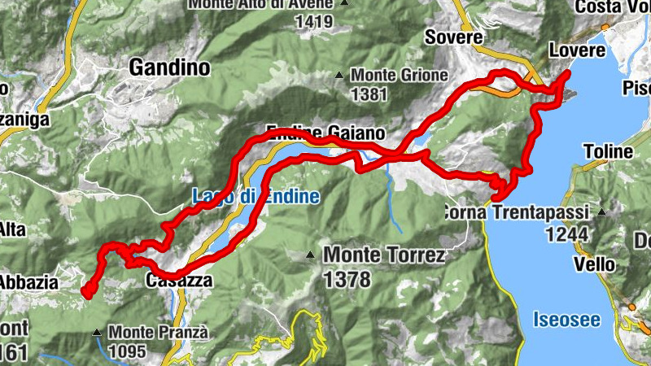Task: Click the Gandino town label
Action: click(x=169, y=68)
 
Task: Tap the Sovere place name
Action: click(x=454, y=37)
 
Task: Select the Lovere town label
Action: click(x=578, y=50)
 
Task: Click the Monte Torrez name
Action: click(x=384, y=256)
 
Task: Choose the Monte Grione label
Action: click(x=400, y=76)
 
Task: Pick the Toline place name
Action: click(x=607, y=151)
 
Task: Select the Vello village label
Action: click(x=593, y=264)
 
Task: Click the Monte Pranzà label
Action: click(x=159, y=332)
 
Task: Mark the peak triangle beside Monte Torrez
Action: click(x=310, y=255)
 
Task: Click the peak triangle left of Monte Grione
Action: click(x=339, y=76)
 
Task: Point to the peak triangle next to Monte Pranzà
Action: click(x=98, y=332)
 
